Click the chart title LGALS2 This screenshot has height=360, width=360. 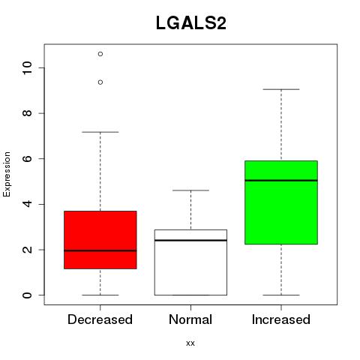click(x=191, y=23)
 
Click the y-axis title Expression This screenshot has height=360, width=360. click(x=7, y=174)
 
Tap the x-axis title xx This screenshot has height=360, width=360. click(x=190, y=343)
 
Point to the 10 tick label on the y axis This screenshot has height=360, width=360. click(x=27, y=67)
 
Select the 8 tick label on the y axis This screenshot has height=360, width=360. click(x=27, y=113)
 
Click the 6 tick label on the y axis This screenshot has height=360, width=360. click(x=27, y=159)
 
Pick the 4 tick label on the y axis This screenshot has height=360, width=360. click(x=27, y=204)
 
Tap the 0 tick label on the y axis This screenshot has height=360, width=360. click(x=27, y=295)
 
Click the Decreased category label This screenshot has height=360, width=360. click(x=100, y=319)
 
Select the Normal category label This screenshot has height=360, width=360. click(x=190, y=319)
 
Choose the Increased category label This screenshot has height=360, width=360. click(x=281, y=319)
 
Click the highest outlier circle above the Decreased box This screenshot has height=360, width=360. click(x=100, y=54)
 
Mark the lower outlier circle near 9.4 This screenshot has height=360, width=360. click(x=100, y=82)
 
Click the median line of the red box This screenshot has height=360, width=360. click(x=100, y=250)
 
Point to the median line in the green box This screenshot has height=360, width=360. click(x=281, y=180)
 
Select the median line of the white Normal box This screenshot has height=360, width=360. click(x=190, y=240)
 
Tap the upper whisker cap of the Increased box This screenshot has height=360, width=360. click(x=281, y=89)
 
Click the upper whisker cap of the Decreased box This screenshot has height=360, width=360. click(x=100, y=132)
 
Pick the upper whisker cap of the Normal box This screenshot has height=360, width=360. click(x=190, y=190)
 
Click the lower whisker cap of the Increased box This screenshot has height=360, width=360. click(x=281, y=295)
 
